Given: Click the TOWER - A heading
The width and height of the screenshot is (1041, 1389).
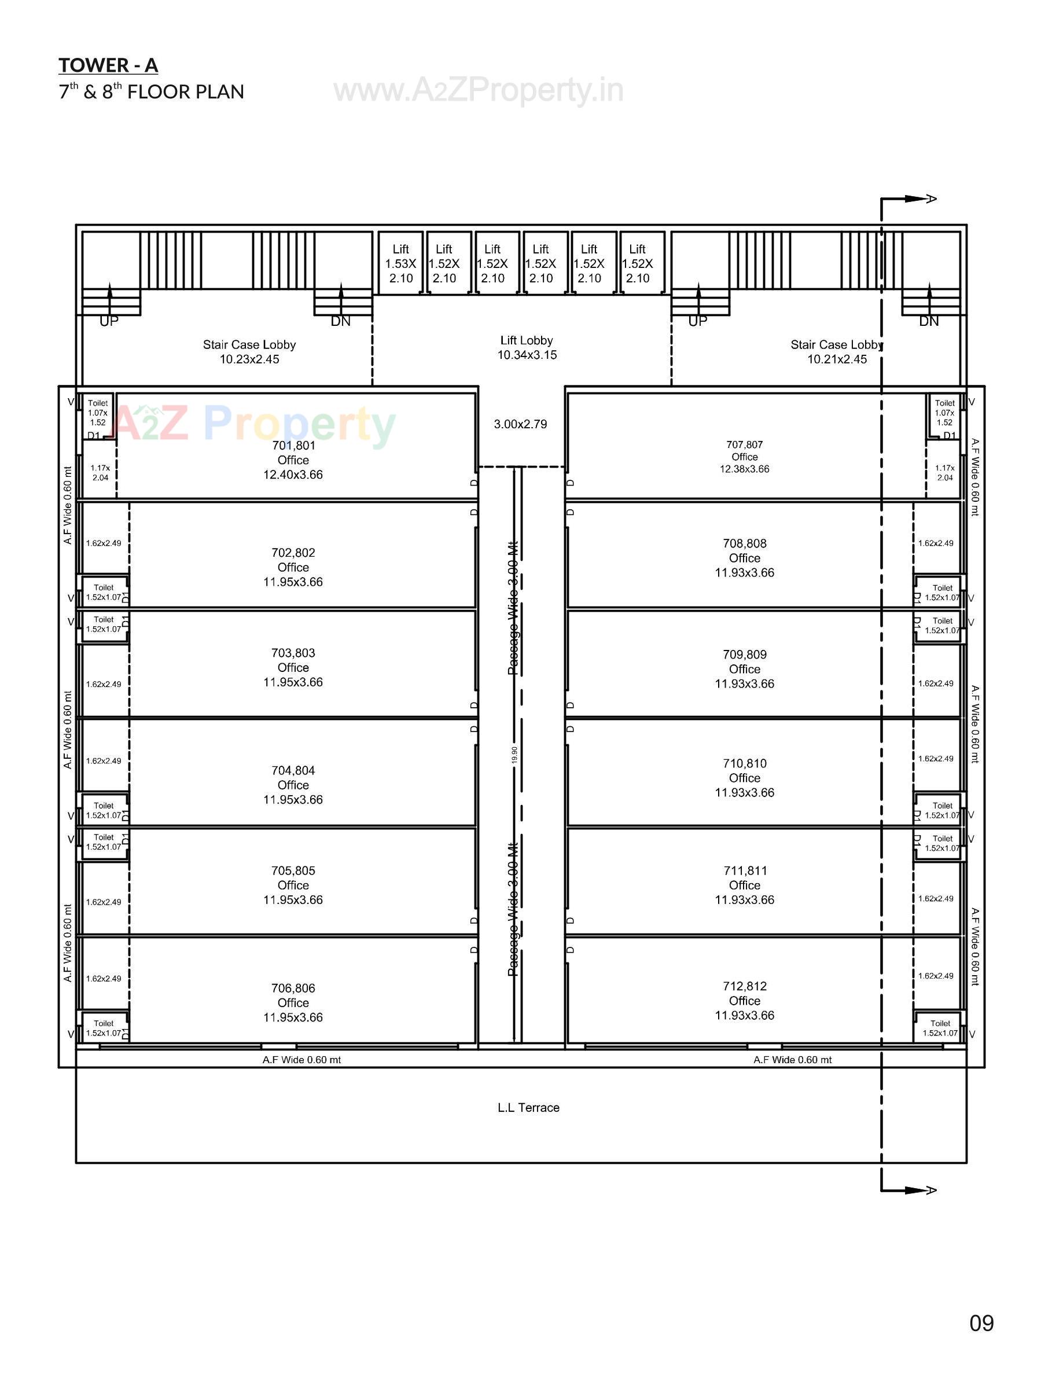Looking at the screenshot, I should (x=108, y=65).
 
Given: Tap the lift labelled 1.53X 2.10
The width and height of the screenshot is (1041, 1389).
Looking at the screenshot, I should (x=400, y=264).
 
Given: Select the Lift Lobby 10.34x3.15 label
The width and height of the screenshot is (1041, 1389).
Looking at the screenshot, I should (x=526, y=347).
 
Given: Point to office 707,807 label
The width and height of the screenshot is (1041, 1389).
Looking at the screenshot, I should (x=744, y=457).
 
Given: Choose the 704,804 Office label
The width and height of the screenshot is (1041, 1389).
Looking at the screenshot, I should (x=293, y=784).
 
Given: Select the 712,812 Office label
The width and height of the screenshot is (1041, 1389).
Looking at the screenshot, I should (x=744, y=1000).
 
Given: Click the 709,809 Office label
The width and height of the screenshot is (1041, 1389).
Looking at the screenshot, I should (x=744, y=669).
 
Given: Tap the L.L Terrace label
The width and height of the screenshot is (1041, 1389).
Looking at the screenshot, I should (x=528, y=1108).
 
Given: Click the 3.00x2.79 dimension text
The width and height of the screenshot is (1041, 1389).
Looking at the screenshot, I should (x=520, y=424).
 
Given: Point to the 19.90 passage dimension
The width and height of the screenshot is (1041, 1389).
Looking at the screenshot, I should (x=514, y=754).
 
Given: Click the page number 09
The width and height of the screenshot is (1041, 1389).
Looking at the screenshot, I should (x=981, y=1322).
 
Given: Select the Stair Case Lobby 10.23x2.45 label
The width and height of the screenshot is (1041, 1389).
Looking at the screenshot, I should (x=249, y=352).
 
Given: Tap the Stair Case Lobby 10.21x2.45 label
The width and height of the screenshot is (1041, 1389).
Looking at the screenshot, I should (x=836, y=352).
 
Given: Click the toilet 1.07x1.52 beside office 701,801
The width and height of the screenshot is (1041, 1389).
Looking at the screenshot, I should (x=97, y=413).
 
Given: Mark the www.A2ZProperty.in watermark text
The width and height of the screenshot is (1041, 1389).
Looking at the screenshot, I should (x=478, y=90).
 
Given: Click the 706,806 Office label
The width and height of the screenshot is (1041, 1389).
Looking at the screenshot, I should (x=293, y=1002).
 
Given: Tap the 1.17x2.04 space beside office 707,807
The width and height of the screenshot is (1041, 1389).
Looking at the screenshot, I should (x=944, y=472).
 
